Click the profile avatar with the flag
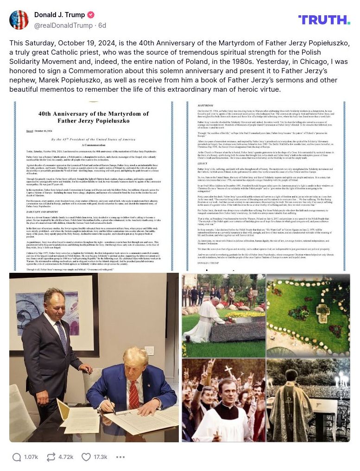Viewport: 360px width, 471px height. pos(19,20)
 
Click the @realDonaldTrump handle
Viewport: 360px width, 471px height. pos(63,25)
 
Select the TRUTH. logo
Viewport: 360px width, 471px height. pos(324,19)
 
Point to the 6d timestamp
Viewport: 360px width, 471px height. pos(102,25)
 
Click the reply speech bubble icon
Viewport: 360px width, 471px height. pos(17,457)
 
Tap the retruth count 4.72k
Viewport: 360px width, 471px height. pos(66,457)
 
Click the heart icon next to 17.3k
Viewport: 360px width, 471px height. pos(86,457)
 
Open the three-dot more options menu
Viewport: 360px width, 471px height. pos(120,457)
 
